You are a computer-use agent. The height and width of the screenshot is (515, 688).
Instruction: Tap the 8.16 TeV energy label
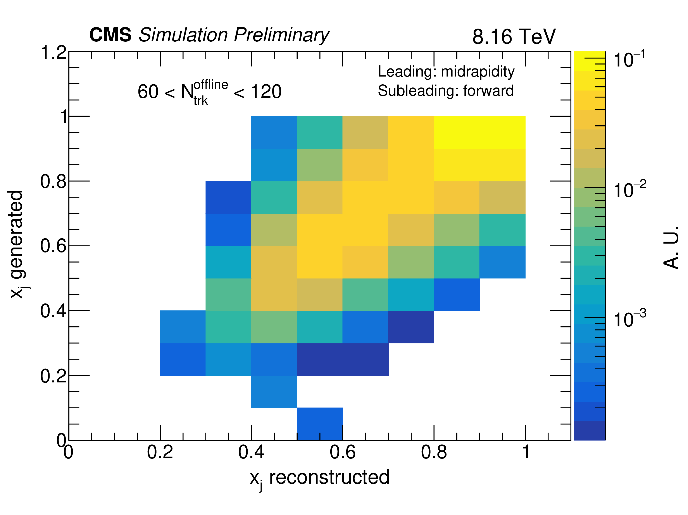click(514, 37)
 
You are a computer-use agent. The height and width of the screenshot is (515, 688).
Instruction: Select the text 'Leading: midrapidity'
click(446, 72)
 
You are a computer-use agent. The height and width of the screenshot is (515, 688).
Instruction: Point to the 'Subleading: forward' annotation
click(445, 91)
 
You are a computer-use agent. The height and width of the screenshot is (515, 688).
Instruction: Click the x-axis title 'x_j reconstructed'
click(319, 477)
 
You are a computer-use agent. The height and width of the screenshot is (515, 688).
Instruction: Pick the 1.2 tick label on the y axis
click(53, 53)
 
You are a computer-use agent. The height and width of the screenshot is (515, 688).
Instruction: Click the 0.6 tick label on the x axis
click(342, 452)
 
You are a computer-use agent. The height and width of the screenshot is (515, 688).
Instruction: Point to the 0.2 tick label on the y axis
click(53, 376)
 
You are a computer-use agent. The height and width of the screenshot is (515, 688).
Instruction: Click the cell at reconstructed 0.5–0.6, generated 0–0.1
click(320, 424)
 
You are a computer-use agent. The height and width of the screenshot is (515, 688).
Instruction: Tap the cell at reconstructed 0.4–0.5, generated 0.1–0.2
click(274, 391)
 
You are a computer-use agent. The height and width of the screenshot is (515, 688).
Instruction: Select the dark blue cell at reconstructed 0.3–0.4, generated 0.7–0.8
click(228, 197)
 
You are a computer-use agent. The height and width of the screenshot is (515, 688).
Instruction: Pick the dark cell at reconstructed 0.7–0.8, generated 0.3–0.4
click(411, 327)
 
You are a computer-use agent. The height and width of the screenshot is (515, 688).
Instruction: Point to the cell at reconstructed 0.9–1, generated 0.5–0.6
click(502, 262)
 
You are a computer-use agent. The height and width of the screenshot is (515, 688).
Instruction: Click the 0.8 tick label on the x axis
click(434, 452)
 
